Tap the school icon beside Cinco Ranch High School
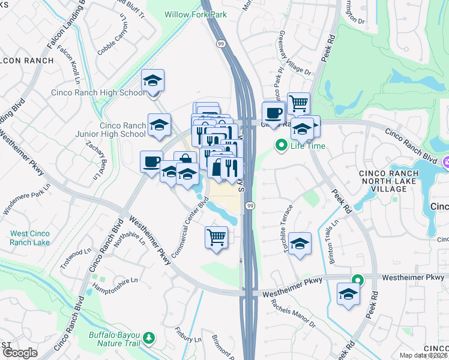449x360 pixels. click(x=153, y=80)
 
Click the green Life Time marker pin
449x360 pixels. click(x=280, y=145)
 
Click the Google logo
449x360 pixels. click(x=19, y=353)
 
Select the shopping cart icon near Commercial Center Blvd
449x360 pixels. click(x=216, y=236)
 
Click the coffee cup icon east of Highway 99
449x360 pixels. click(x=274, y=113)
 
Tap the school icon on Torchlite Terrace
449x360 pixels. click(x=300, y=244)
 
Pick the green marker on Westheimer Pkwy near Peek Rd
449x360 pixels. click(x=357, y=280)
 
